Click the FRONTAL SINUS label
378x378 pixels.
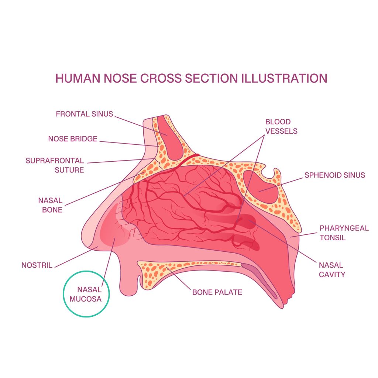pos(84,114)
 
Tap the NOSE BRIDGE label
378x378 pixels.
pos(73,139)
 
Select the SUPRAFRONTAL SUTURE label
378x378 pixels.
pos(55,165)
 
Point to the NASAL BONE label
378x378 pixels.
pos(50,205)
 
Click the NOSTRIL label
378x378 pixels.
pos(37,265)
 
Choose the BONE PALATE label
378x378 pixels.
pos(217,292)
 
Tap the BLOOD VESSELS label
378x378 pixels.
pos(281,126)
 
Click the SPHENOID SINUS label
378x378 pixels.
pos(334,175)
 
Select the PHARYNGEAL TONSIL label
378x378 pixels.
pos(344,233)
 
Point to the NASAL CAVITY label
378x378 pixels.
pos(331,269)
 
